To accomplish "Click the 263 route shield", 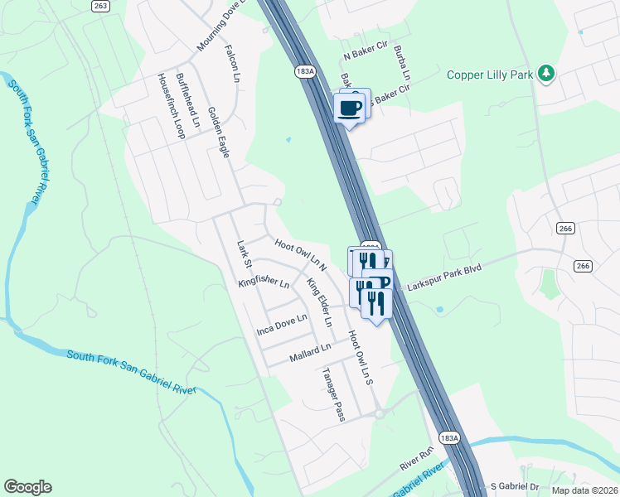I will click(101, 6).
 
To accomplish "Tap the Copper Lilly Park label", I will click(488, 75).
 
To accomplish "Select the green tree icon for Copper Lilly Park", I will click(546, 74).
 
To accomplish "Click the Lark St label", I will click(244, 254).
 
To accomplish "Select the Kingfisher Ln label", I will click(264, 282).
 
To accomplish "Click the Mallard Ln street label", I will click(310, 353).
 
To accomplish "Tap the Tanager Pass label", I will click(333, 393).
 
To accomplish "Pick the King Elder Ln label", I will click(319, 302).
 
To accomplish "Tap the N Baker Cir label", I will click(366, 56).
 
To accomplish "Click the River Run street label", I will click(417, 456).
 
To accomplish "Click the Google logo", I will click(27, 487).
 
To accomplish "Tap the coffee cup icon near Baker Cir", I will click(349, 107).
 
